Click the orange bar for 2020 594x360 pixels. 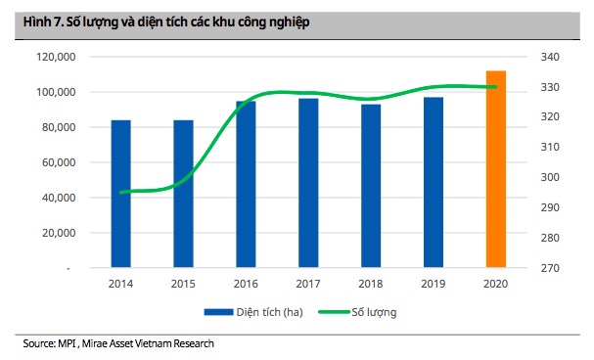click(x=496, y=168)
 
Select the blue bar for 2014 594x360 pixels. click(x=120, y=193)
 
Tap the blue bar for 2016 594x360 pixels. click(x=246, y=183)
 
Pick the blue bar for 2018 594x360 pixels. click(x=371, y=185)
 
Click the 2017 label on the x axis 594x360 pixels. click(x=308, y=283)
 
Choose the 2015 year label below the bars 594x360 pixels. click(x=183, y=283)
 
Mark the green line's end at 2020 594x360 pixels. click(x=496, y=87)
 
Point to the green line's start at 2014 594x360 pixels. click(x=120, y=192)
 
